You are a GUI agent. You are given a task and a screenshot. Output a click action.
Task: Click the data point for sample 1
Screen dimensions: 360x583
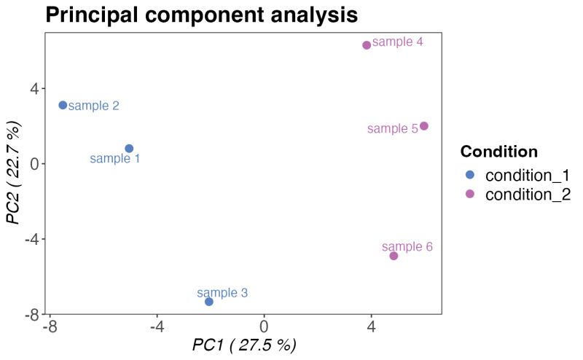pos(129,149)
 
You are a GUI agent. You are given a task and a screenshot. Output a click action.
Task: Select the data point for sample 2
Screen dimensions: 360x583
pos(63,105)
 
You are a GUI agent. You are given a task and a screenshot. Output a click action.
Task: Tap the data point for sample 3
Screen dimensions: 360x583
pos(209,302)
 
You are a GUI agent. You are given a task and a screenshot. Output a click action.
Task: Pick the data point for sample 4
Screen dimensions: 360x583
pos(367,45)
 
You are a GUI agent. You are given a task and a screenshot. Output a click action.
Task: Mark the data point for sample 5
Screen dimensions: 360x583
pos(424,126)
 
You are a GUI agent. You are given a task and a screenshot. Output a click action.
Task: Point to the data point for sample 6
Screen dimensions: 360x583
pos(394,256)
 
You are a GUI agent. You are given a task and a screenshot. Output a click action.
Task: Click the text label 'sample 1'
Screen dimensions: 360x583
pos(115,158)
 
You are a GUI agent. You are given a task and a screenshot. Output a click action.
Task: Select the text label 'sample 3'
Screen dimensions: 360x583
pos(222,293)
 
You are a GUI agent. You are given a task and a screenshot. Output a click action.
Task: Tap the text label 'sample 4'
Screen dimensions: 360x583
pos(398,42)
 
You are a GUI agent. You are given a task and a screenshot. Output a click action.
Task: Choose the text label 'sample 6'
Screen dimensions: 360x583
pos(407,247)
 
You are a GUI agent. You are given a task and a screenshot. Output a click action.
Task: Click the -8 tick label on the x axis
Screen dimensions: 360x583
pos(49,326)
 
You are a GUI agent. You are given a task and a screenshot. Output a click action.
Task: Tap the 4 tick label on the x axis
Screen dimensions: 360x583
pos(371,326)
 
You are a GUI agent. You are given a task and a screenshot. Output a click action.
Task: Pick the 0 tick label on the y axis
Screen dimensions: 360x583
pos(33,164)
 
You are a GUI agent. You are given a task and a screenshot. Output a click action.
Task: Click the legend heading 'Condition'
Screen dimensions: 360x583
pos(499,152)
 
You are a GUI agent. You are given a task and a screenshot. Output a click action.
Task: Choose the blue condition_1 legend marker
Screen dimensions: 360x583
pos(470,175)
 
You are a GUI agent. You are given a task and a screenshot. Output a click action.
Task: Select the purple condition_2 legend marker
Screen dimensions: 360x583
pos(470,194)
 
